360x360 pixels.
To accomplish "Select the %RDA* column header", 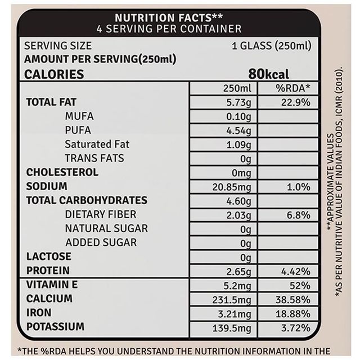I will click(289, 88).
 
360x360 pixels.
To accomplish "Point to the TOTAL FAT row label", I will click(51, 102).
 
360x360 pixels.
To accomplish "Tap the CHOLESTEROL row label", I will click(62, 172).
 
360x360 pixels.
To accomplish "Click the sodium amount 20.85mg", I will click(232, 187).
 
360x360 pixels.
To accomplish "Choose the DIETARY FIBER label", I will click(101, 214).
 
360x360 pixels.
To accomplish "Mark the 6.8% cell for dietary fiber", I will click(298, 215).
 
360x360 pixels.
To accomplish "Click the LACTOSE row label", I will click(49, 256).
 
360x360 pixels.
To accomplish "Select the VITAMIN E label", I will click(52, 284).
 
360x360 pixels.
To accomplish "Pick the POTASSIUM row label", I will click(55, 326).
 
